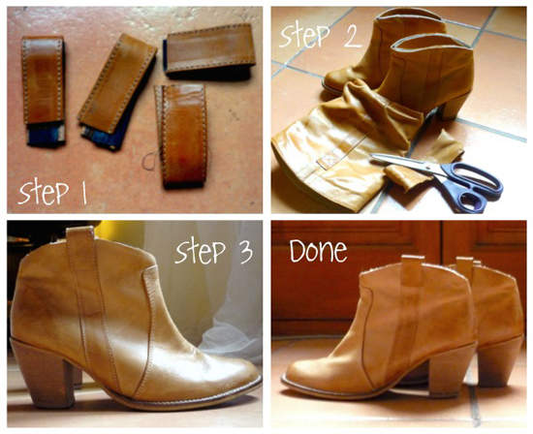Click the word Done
(318, 251)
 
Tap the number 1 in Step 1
(83, 193)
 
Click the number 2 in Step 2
(351, 34)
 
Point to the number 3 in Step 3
(244, 252)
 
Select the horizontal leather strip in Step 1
(209, 49)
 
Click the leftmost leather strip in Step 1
(44, 91)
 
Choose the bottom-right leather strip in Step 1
(182, 136)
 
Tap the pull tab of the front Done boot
(412, 268)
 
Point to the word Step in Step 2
(304, 35)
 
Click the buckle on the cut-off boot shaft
(328, 160)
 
